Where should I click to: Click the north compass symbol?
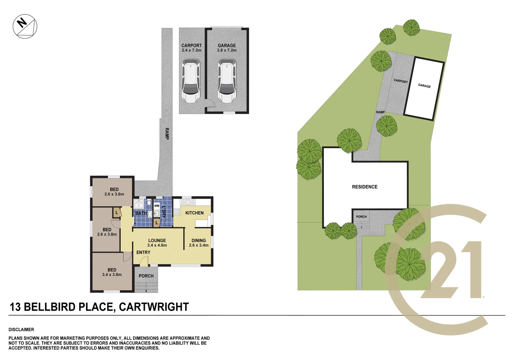[x=25, y=26]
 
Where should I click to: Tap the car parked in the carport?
[x=191, y=81]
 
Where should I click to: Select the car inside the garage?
[x=227, y=81]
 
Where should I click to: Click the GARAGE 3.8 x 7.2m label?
[x=227, y=48]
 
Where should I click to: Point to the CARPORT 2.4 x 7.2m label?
[x=191, y=48]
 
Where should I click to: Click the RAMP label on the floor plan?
[x=166, y=133]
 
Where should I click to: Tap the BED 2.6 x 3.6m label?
[x=114, y=192]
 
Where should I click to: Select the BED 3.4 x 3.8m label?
[x=112, y=272]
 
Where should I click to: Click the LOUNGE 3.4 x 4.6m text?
[x=157, y=243]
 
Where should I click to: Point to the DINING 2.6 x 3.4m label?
[x=199, y=243]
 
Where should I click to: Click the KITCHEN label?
[x=194, y=213]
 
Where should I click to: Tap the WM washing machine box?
[x=157, y=206]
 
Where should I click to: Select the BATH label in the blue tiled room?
[x=141, y=213]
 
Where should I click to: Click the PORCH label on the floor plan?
[x=146, y=276]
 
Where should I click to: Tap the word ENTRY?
[x=143, y=252]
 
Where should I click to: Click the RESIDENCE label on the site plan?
[x=365, y=187]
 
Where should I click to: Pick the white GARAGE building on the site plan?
[x=424, y=89]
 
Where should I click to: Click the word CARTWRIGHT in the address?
[x=154, y=307]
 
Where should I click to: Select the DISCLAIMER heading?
[x=21, y=330]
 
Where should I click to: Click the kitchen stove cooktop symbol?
[x=177, y=211]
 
